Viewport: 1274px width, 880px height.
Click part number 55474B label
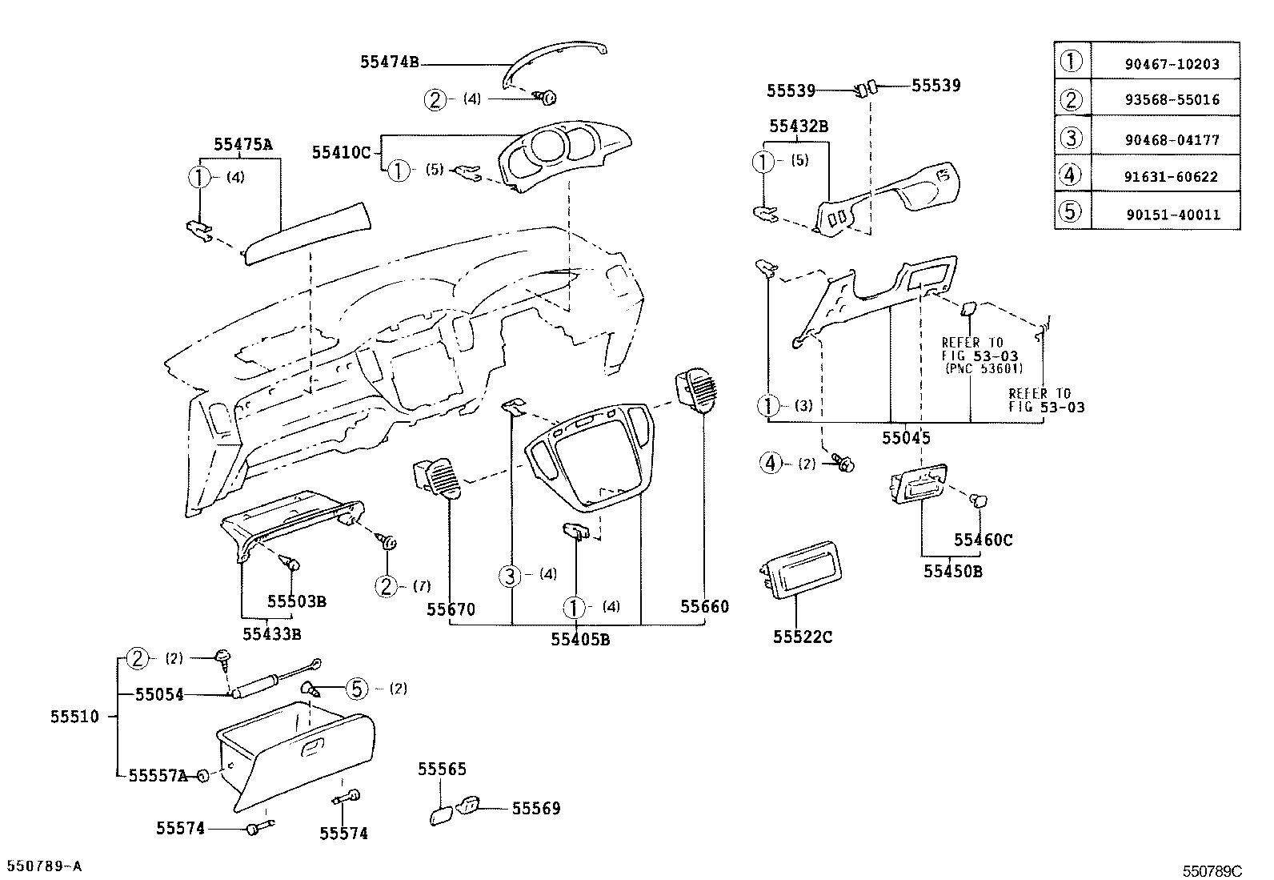point(389,62)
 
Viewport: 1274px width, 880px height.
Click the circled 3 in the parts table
point(1071,139)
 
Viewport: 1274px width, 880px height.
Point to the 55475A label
point(243,145)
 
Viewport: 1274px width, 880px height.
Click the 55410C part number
point(342,152)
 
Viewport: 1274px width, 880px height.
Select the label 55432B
point(798,127)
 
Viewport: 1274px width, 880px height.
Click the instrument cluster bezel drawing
point(560,156)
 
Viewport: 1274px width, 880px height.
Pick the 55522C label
point(803,637)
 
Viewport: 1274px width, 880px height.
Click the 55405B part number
point(580,639)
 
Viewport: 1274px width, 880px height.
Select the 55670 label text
point(451,609)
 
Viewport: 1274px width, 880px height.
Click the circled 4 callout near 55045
point(770,463)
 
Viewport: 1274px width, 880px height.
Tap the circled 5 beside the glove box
point(357,689)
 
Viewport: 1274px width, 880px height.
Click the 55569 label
point(536,809)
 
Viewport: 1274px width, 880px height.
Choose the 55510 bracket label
point(74,717)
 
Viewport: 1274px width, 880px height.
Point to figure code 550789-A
point(45,866)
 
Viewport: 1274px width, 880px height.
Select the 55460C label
point(983,540)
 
